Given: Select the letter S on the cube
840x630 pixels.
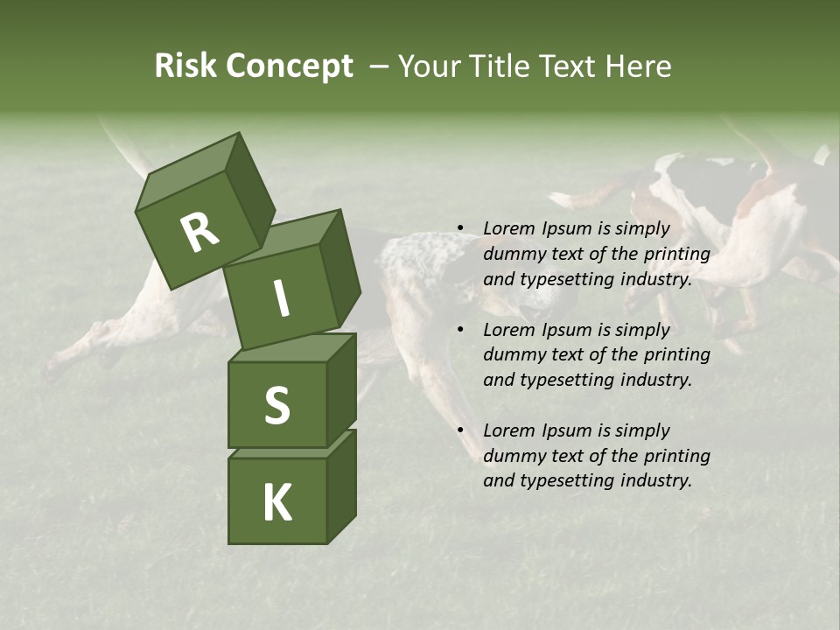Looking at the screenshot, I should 276,406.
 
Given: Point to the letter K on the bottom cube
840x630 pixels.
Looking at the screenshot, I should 277,502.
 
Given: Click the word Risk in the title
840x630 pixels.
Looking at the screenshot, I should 185,66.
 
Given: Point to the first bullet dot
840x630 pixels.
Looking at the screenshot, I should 459,229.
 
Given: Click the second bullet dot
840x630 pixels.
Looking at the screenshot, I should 459,331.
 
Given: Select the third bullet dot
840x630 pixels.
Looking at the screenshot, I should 459,431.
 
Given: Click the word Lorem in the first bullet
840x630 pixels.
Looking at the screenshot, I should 508,228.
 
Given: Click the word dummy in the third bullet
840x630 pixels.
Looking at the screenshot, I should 512,456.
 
